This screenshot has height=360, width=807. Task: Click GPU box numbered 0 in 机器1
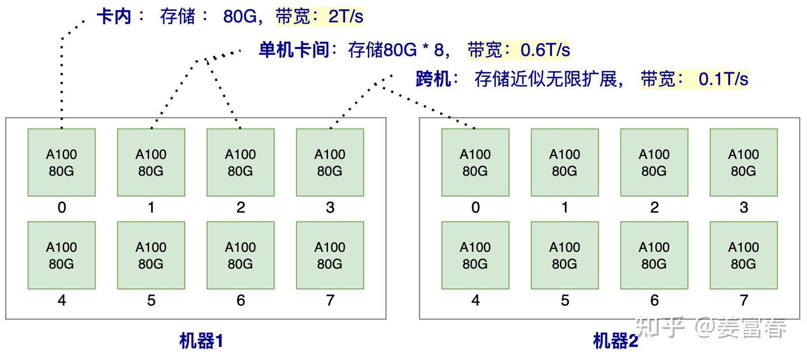pos(62,163)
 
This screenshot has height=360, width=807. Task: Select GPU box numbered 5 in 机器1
pos(151,256)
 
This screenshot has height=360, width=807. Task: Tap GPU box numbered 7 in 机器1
pos(330,256)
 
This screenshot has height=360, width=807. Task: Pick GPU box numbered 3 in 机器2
pos(744,163)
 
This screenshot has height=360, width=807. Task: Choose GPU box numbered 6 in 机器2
pos(654,256)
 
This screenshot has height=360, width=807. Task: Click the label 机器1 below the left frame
pos(201,341)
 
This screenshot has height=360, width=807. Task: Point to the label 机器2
pos(615,341)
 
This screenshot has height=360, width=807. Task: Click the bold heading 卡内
pos(114,17)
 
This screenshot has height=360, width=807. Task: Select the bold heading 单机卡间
pos(294,50)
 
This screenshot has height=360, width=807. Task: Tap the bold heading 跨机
pos(433,79)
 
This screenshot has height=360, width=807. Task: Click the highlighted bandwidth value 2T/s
pos(346,17)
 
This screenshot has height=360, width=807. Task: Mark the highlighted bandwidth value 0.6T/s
pos(545,50)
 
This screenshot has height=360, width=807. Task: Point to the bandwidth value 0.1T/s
pos(723,79)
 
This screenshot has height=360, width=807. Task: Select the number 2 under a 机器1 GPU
pos(240,207)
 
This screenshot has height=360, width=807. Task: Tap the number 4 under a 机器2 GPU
pos(476,301)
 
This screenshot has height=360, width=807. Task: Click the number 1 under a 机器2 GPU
pos(565,207)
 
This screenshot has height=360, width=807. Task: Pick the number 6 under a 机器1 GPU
pos(240,301)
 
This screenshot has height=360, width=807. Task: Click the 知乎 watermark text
pos(660,327)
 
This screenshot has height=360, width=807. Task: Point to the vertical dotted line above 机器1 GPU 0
pos(62,83)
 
